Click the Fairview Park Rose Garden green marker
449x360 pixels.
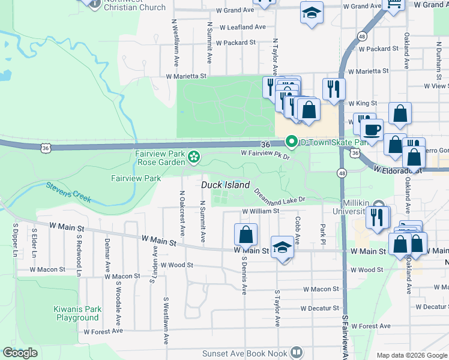(194, 157)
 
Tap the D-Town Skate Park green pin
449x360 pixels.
(292, 142)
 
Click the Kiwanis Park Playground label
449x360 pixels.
(77, 313)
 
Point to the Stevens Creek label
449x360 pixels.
(68, 192)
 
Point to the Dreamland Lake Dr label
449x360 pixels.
(279, 195)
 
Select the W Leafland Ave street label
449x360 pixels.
(242, 27)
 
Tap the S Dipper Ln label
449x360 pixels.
(14, 241)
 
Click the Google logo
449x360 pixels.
(20, 353)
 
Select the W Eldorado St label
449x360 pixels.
(398, 170)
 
